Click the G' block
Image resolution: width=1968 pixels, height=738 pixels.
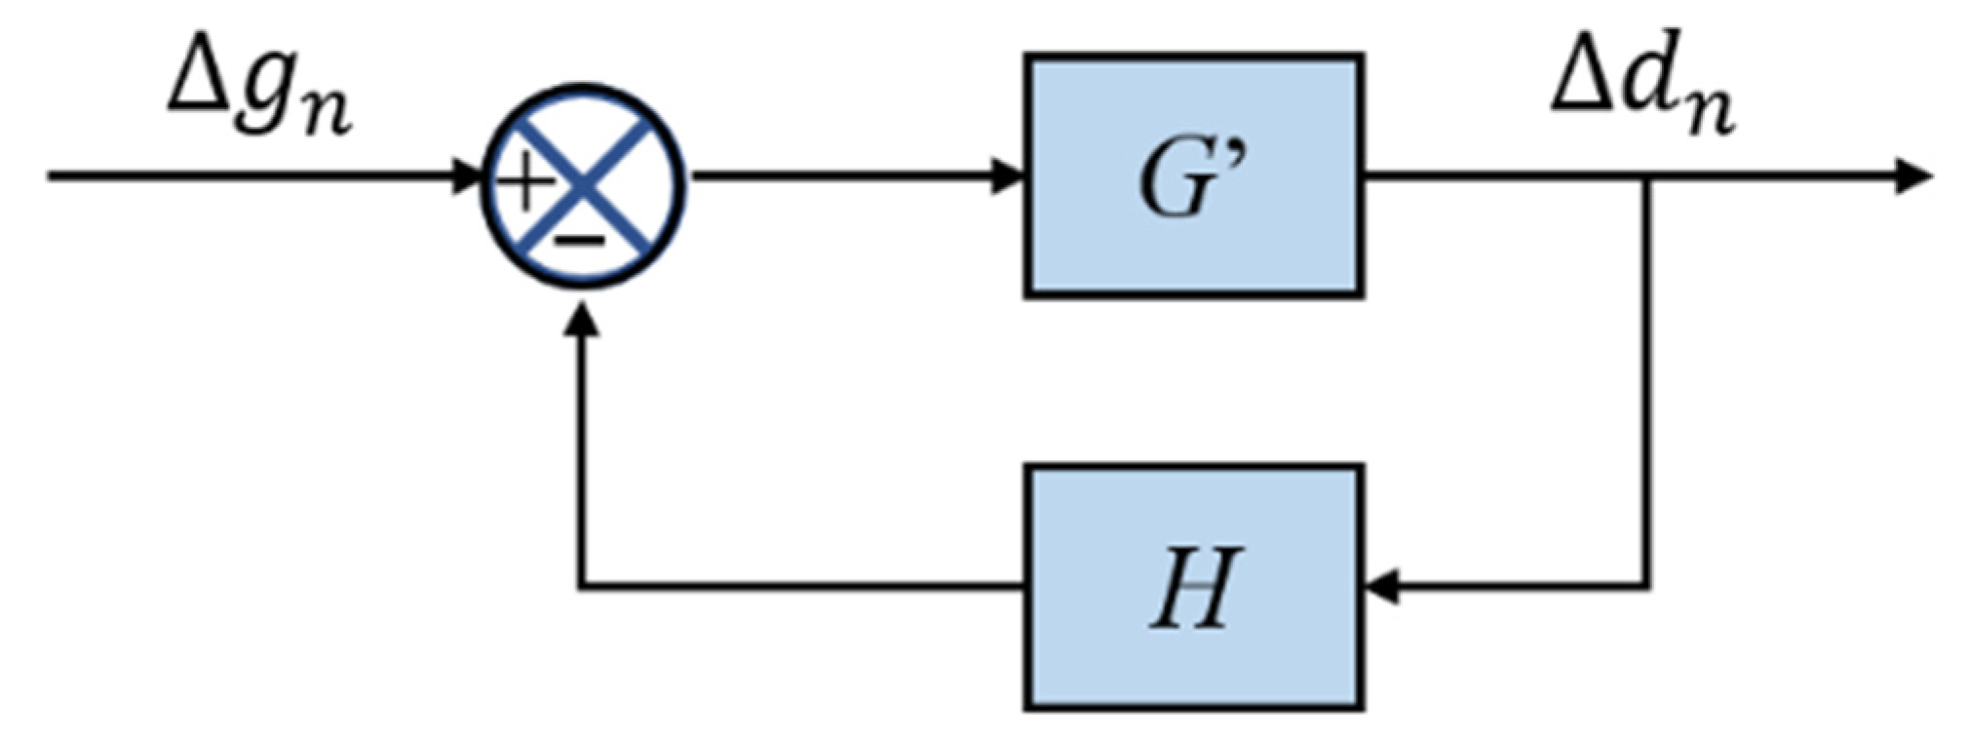(1193, 175)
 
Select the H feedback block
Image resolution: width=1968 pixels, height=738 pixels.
(1193, 587)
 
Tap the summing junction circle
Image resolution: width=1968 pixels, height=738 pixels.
(584, 186)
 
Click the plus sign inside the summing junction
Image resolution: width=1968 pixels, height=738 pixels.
(523, 182)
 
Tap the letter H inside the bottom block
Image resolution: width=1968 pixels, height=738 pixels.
(1194, 589)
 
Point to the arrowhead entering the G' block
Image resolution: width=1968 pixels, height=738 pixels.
(1008, 176)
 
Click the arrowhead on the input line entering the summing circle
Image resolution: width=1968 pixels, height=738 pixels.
(468, 176)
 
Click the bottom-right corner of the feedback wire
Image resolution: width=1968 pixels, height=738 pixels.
(1647, 587)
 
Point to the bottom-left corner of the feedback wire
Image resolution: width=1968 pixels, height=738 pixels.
(582, 587)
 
